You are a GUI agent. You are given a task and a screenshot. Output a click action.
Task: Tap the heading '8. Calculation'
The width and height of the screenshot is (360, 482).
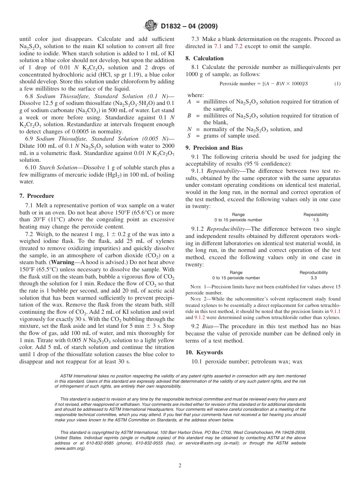(x=204, y=58)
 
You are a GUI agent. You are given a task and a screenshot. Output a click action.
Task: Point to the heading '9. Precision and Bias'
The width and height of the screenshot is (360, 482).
(x=214, y=148)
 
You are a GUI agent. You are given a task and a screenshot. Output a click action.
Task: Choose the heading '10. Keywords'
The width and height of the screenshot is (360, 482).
(x=204, y=352)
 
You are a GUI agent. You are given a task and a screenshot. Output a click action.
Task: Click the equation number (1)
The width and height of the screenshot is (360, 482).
(x=337, y=84)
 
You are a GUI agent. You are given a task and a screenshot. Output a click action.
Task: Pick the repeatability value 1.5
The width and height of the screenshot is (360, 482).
(x=316, y=220)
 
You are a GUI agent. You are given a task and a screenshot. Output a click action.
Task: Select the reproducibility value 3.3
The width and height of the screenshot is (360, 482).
(x=313, y=278)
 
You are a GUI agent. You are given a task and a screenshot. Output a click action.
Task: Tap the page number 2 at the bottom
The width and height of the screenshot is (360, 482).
(x=180, y=466)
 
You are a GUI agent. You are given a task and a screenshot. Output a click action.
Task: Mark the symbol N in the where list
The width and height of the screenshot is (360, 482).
(x=189, y=129)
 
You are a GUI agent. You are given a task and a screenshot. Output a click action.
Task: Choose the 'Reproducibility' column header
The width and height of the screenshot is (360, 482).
(x=313, y=272)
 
